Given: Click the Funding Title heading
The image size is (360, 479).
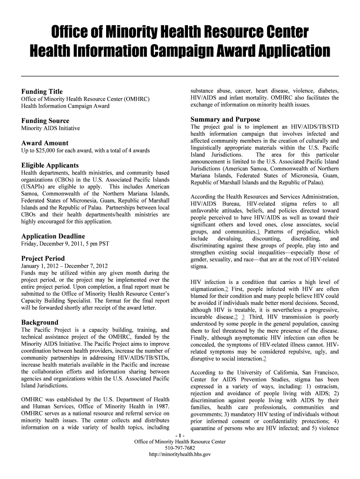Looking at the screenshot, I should coord(42,91).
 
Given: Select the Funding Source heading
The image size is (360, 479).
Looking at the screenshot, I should coord(45,121).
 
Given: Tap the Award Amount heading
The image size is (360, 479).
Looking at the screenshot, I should coord(45,143).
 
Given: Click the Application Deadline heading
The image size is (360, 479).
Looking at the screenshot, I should coord(53,236).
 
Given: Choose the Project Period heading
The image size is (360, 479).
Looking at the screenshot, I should coord(43,258).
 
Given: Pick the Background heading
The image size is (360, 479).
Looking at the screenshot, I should coord(40,322).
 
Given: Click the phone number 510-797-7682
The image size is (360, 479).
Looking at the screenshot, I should coord(180,448).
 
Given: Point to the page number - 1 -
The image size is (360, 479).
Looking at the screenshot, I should coord(180,435).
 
